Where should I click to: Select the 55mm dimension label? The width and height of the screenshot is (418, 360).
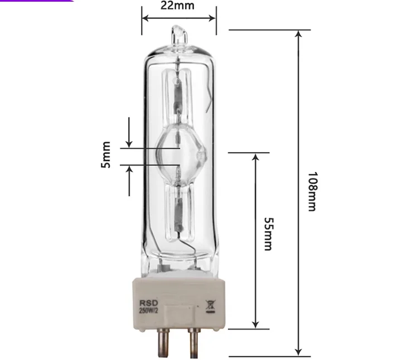tap(267, 234)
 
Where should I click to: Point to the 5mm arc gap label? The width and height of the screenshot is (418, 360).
tap(106, 155)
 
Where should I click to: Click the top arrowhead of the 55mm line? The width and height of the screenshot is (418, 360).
tap(256, 158)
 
